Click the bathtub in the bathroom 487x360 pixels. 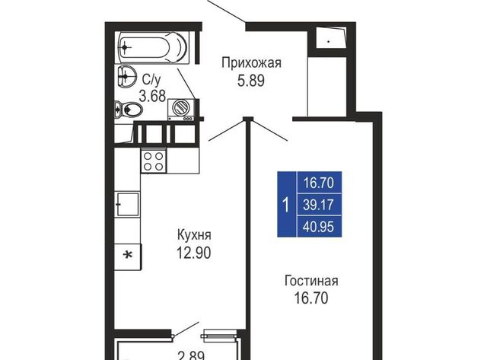tap(152, 47)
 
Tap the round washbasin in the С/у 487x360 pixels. tap(127, 76)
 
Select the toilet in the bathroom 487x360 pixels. tap(129, 110)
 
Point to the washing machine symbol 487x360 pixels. tap(181, 110)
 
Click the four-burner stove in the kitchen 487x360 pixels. tap(154, 161)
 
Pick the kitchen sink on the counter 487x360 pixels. tap(128, 205)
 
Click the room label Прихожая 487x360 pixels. tap(251, 63)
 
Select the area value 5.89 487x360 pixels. tap(251, 81)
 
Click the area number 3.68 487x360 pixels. tap(152, 96)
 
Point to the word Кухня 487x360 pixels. tap(194, 235)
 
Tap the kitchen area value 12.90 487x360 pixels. tap(194, 252)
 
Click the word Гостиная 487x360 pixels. tap(311, 281)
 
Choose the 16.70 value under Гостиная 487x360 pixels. tap(311, 298)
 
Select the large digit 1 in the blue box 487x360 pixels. tap(286, 205)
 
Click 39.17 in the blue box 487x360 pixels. tap(318, 205)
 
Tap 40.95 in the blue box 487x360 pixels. tap(318, 227)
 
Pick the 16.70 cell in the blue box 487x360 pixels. tap(319, 183)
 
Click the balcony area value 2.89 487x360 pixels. tap(192, 355)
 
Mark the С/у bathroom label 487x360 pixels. tap(151, 79)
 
